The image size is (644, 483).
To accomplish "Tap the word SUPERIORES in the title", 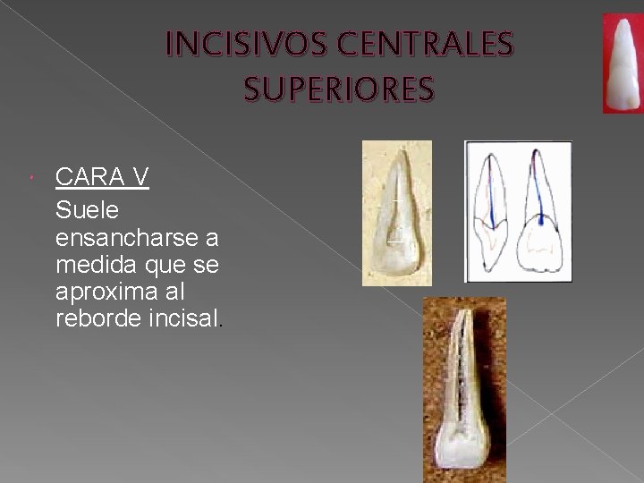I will [339, 89].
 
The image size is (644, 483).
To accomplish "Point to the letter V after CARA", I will [140, 177].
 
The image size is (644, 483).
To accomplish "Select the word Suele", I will [87, 211].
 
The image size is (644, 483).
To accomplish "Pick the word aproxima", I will [99, 292].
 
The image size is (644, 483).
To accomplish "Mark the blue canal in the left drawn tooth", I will [493, 192].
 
